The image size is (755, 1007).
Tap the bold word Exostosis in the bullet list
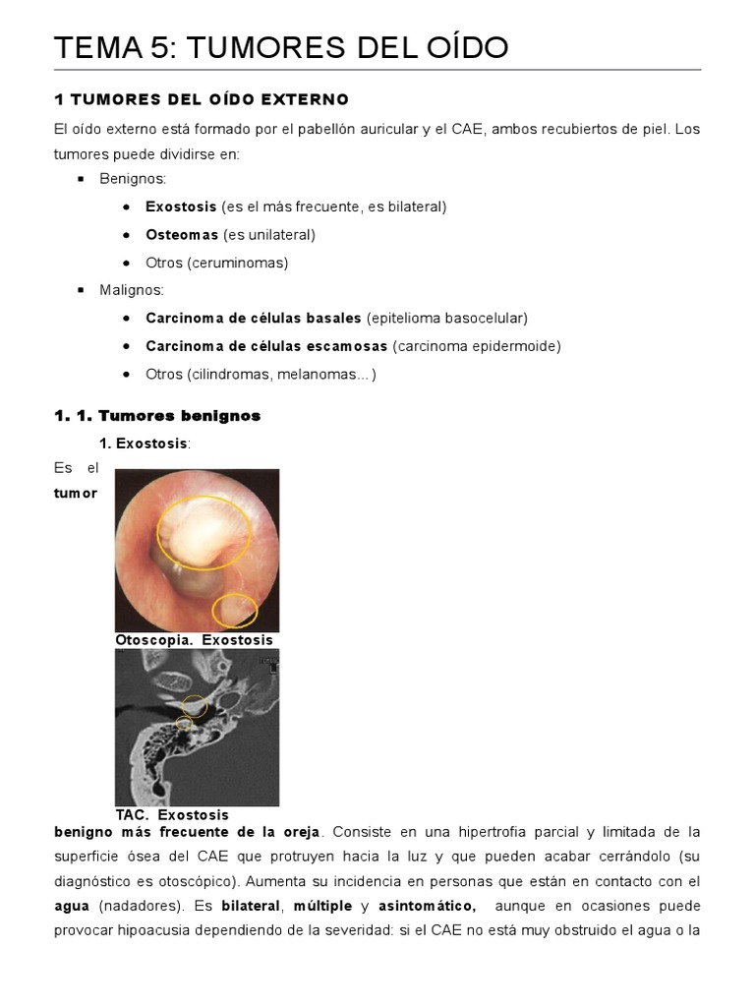coord(181,207)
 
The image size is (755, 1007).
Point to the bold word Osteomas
coord(182,235)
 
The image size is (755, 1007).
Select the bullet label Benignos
coord(133,179)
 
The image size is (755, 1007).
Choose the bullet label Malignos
coord(132,290)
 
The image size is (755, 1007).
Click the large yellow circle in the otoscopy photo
coord(207,532)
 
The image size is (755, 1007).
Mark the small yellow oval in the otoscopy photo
coord(234,611)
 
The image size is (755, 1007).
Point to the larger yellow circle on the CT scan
coord(195,704)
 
